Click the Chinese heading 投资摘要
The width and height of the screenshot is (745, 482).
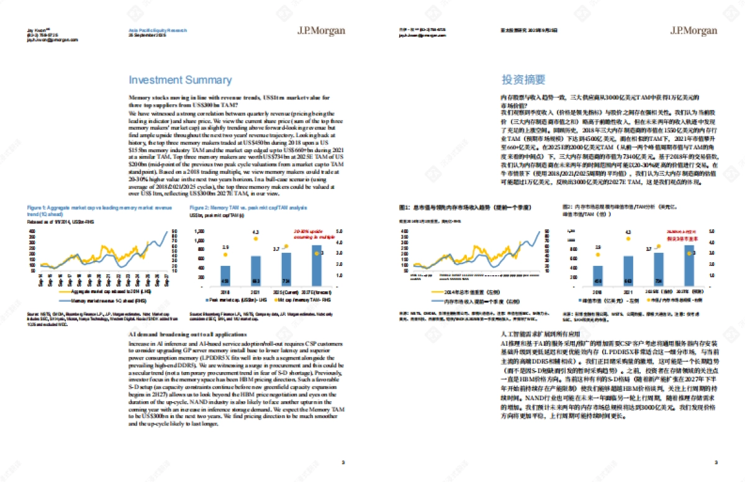[x=523, y=80]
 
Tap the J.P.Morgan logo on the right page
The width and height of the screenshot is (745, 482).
[x=693, y=30]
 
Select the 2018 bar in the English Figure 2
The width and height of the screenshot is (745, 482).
[x=225, y=274]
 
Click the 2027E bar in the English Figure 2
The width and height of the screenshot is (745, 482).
[x=317, y=263]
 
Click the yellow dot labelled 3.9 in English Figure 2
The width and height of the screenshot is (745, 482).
[x=225, y=254]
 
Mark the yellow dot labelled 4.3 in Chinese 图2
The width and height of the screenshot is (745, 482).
[x=628, y=239]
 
